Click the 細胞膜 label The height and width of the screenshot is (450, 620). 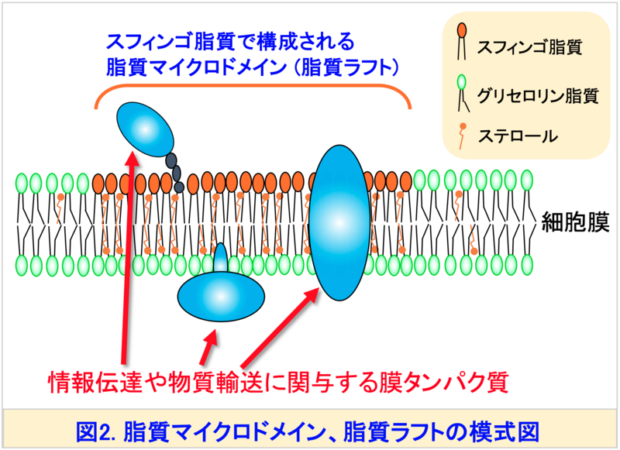[575, 222]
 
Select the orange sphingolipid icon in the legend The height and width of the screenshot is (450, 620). [462, 41]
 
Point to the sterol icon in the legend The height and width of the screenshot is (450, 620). [462, 136]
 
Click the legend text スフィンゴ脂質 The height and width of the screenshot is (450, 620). [529, 47]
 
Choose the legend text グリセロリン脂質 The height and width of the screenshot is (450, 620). [538, 95]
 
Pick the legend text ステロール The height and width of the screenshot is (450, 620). [518, 136]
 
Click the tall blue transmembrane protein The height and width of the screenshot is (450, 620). [339, 223]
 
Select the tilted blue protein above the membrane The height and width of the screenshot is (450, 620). [145, 129]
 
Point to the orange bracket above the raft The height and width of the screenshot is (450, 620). [253, 87]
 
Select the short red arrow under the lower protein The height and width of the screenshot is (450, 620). [208, 348]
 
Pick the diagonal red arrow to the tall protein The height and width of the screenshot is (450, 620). [280, 327]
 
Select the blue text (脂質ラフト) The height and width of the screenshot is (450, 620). [347, 67]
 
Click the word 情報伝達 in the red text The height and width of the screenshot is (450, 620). [95, 382]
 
